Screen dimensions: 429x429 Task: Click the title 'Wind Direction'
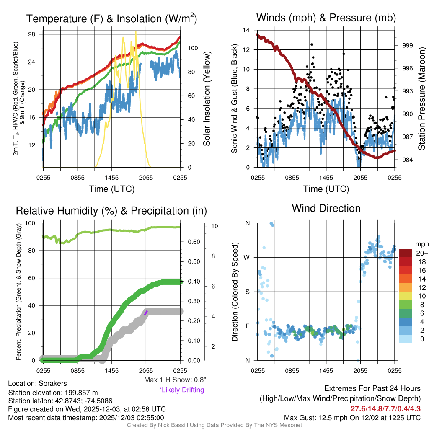326,208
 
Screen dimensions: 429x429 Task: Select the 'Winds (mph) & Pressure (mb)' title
326,18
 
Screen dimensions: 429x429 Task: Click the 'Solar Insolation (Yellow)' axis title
207,99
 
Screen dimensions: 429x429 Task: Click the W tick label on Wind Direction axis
247,257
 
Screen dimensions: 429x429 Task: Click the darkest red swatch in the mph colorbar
406,253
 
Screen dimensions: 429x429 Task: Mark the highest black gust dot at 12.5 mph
312,44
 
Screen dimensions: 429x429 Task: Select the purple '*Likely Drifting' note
181,390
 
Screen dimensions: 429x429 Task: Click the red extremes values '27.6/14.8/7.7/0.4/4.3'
385,408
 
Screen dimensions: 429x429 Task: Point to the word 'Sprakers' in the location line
52,383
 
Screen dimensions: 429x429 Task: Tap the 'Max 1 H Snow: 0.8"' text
175,380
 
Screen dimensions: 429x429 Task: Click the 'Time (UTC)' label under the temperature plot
111,189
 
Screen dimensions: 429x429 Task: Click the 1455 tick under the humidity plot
111,370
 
